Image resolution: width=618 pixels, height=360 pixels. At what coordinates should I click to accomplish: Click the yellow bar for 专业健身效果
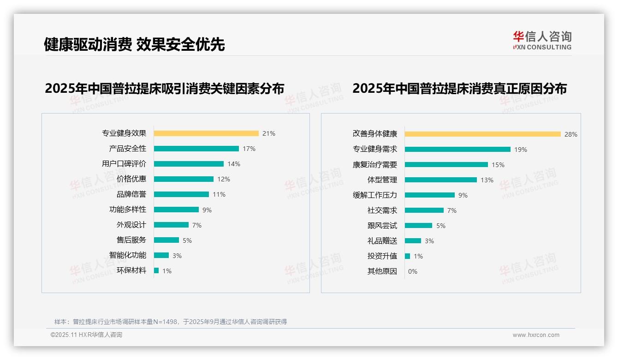point(206,133)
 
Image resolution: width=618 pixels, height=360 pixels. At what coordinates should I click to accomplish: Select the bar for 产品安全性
point(196,149)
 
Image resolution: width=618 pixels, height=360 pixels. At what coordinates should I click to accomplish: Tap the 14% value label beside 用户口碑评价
point(234,164)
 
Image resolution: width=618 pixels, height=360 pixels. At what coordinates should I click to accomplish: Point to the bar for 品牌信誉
point(181,194)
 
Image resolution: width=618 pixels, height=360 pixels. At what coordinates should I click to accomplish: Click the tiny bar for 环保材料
point(156,270)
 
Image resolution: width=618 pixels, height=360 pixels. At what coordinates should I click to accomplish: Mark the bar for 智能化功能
point(161,255)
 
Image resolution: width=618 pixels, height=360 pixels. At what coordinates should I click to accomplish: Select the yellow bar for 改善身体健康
point(482,134)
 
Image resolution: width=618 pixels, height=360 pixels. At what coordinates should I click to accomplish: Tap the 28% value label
point(570,134)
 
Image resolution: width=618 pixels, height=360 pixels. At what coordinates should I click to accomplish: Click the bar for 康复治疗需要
point(446,165)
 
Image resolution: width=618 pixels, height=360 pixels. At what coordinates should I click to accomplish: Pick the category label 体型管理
point(382,180)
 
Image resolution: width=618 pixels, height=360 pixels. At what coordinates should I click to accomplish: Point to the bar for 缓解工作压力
point(429,195)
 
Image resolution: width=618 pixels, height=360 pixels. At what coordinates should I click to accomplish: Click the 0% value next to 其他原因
point(412,271)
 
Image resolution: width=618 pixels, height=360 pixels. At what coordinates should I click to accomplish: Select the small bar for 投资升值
point(407,256)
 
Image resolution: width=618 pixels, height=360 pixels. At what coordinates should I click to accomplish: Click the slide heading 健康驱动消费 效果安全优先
point(134,44)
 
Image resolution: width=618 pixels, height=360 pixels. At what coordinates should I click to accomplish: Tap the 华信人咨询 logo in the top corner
point(542,40)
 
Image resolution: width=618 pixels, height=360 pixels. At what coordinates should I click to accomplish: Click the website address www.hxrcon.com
point(536,335)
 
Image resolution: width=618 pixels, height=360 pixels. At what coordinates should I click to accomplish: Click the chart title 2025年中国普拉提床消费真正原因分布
point(459,88)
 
